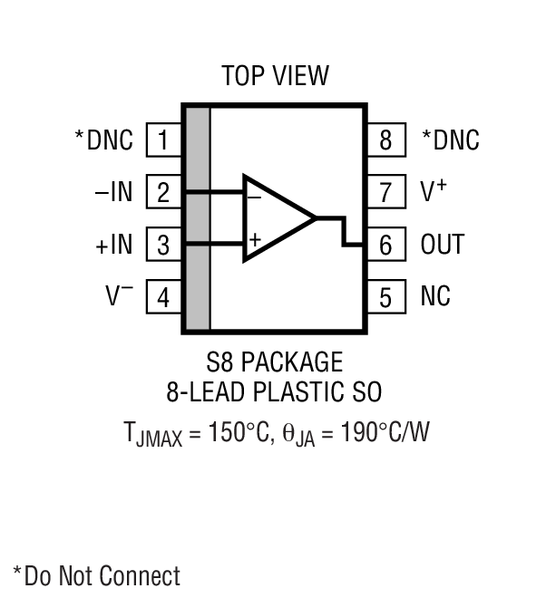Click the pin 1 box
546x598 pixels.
163,140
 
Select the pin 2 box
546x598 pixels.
163,192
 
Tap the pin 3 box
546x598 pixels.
163,245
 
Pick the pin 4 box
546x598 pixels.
163,296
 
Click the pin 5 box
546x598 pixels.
385,296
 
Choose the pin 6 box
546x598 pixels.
385,245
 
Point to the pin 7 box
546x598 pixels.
385,192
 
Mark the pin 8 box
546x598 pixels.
385,140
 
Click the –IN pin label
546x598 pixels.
113,192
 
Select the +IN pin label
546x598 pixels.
112,245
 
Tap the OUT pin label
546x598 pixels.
443,245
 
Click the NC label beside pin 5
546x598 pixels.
435,296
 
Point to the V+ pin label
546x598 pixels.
434,191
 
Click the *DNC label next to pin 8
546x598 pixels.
451,140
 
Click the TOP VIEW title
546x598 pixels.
275,75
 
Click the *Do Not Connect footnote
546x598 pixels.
96,575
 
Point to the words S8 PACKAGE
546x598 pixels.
274,363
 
